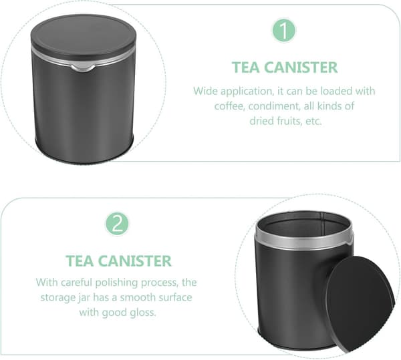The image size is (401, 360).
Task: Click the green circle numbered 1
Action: click(284, 31)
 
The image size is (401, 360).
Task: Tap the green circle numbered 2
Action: click(118, 224)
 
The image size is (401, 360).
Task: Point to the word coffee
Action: click(228, 106)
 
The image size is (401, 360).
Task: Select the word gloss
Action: click(142, 313)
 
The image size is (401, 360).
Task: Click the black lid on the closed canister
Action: click(84, 36)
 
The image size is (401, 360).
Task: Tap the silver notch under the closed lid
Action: click(83, 67)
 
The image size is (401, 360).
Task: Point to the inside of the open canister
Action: click(303, 226)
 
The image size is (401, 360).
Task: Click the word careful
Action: click(77, 283)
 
